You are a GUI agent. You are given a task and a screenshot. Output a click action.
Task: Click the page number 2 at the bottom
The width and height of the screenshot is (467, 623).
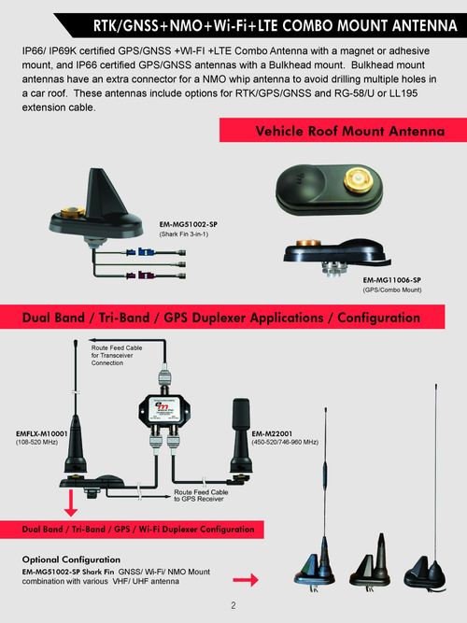tap(233, 606)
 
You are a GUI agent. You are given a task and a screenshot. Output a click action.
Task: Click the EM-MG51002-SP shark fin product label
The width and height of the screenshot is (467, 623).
tap(189, 224)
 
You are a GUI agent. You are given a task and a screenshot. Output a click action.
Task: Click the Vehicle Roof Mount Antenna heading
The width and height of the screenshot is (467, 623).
tap(349, 133)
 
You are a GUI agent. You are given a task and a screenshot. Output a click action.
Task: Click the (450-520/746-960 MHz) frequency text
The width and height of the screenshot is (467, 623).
tap(298, 442)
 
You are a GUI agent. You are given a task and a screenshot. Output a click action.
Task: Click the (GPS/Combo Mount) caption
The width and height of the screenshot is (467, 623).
tap(391, 290)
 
